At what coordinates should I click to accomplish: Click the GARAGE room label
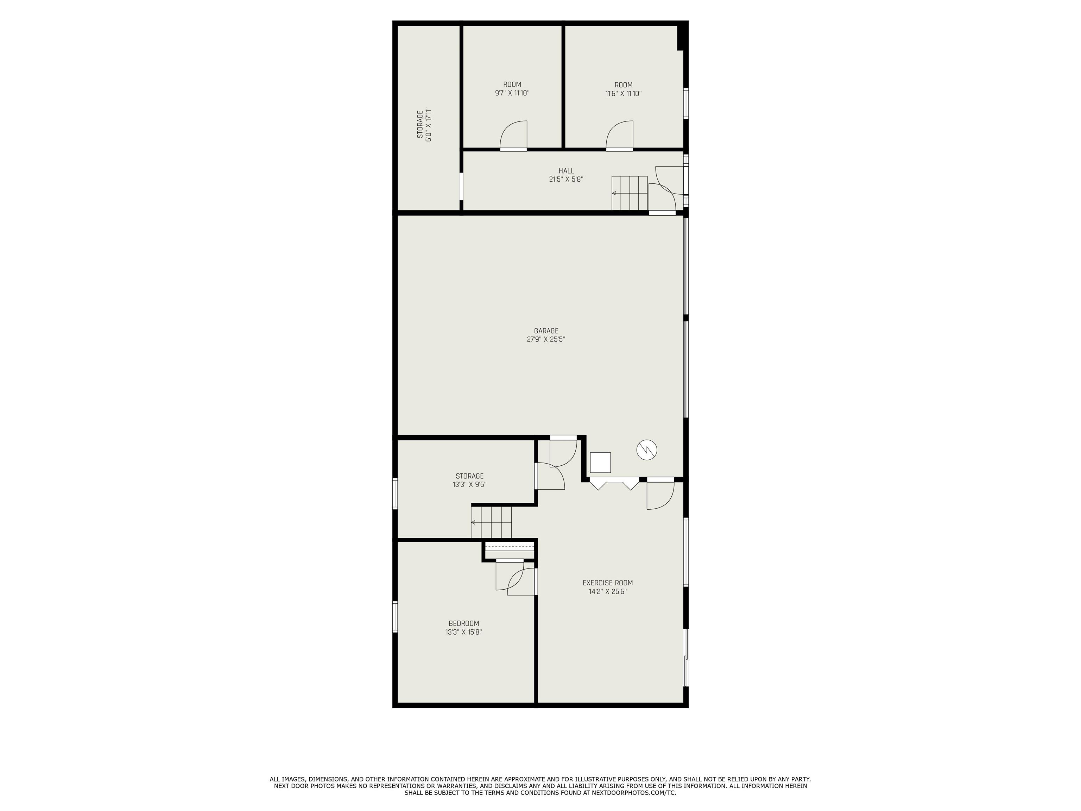(x=546, y=331)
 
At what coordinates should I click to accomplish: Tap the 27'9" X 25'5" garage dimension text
(x=546, y=339)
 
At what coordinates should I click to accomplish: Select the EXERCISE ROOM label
(x=607, y=583)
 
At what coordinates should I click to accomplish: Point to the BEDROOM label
(x=464, y=623)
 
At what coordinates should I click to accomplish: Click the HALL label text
(x=567, y=171)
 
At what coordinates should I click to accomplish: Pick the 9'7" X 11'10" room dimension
(x=512, y=93)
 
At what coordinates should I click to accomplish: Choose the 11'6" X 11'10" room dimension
(x=623, y=93)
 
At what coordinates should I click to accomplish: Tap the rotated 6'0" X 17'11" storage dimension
(x=429, y=125)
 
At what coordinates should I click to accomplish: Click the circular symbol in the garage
(x=646, y=449)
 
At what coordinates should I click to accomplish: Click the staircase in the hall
(x=630, y=193)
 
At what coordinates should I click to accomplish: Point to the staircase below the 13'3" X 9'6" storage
(x=491, y=522)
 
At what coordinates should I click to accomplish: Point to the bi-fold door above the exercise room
(x=615, y=484)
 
